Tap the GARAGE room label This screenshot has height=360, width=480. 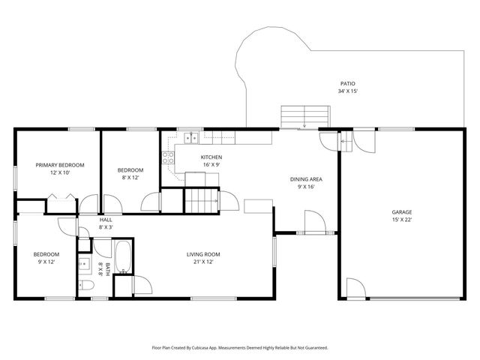[402, 212]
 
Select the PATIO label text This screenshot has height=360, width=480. [347, 83]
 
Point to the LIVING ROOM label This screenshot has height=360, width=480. [202, 254]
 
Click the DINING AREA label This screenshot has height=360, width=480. [306, 179]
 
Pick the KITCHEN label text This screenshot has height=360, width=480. [211, 157]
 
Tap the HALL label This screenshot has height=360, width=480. [106, 220]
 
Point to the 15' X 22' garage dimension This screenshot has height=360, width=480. [402, 220]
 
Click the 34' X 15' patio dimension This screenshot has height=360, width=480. [347, 91]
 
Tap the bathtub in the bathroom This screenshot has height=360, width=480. [124, 256]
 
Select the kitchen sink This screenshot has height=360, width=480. [192, 137]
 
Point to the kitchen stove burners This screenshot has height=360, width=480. [168, 157]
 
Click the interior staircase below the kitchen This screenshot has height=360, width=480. [201, 201]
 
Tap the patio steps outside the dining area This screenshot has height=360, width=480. [304, 117]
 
